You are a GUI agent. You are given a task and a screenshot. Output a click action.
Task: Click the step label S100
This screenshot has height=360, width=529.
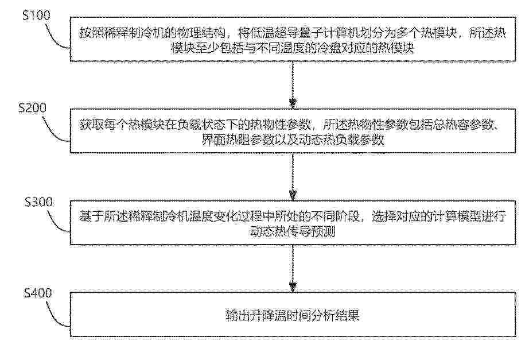pos(37,15)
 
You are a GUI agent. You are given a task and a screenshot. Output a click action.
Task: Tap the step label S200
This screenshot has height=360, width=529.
pos(32,108)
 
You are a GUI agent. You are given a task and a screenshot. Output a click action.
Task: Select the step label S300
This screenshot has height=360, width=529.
pos(38,202)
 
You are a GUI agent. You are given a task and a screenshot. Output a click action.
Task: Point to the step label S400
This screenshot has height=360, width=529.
pos(38,293)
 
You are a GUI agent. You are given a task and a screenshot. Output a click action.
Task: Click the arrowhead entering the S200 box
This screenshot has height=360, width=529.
pos(293,104)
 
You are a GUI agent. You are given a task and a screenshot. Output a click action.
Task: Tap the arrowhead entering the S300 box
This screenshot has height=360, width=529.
pos(293,196)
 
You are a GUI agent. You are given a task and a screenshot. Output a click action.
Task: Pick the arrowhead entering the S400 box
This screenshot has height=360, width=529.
pos(293,287)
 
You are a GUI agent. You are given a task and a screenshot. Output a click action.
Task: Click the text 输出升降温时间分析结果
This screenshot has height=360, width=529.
pos(293,315)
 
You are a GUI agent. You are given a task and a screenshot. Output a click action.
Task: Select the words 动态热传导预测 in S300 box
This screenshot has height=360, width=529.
pos(293,231)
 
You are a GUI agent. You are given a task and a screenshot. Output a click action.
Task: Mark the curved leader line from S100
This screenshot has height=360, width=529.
pos(57,37)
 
